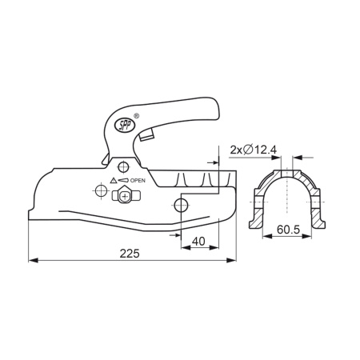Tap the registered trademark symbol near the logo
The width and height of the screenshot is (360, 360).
tap(136, 116)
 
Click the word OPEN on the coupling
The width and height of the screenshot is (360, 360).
tap(138, 181)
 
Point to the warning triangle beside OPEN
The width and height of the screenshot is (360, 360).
tap(113, 181)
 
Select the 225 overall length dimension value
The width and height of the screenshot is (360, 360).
tap(130, 254)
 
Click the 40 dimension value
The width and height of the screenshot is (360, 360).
tap(198, 242)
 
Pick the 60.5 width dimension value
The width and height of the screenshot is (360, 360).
tap(288, 230)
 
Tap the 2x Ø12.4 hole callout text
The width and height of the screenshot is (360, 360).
tap(254, 150)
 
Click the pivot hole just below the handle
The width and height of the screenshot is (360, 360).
tap(123, 167)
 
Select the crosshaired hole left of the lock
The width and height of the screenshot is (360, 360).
tap(101, 190)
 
